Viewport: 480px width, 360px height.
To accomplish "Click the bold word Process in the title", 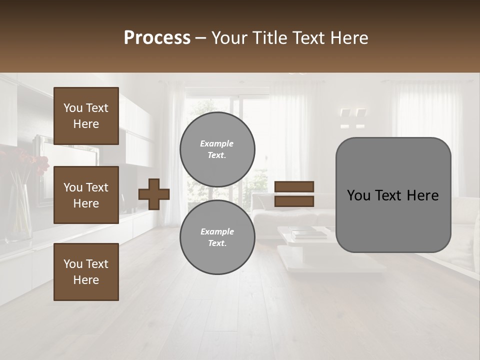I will tap(157, 38).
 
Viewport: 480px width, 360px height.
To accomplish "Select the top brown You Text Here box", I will tap(86, 116).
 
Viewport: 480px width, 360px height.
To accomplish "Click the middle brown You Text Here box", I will tap(86, 195).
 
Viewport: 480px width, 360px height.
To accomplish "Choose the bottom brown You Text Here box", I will tap(86, 271).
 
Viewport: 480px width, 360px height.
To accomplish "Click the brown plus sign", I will tap(154, 194).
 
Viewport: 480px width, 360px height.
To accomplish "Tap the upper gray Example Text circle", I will tap(217, 149).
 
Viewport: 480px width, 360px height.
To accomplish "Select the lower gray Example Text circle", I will tap(217, 237).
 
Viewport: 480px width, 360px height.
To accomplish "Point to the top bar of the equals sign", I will tap(294, 187).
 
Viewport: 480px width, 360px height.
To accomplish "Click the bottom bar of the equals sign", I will tap(294, 201).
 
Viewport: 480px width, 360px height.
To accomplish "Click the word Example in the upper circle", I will tap(216, 143).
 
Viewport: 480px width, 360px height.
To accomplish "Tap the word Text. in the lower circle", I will tap(217, 243).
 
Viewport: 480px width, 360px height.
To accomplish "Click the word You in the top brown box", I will tap(72, 108).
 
